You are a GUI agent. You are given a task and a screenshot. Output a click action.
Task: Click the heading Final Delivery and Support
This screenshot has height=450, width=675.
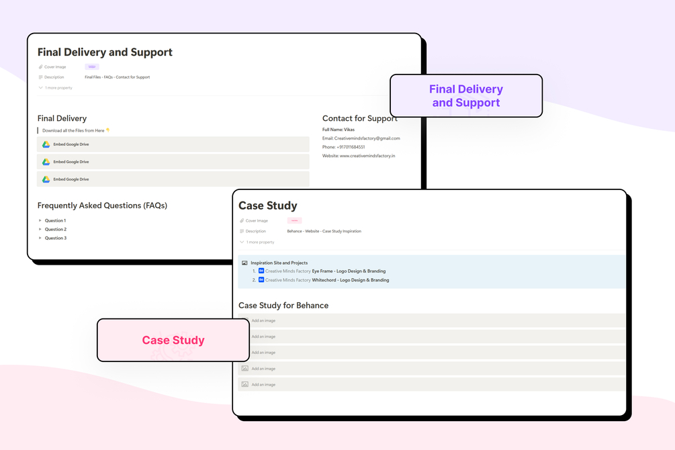coord(105,52)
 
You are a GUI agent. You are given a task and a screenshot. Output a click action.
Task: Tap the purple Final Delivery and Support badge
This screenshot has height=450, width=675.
coord(466,95)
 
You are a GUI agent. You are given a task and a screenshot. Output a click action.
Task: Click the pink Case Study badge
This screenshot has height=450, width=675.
coord(173,340)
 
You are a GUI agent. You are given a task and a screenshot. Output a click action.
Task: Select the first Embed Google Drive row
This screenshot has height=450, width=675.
coord(173,144)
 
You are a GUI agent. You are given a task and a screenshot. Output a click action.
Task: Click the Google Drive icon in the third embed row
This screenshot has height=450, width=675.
coord(46,179)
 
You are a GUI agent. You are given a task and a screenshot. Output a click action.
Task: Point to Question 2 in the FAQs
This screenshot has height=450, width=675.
coord(55,229)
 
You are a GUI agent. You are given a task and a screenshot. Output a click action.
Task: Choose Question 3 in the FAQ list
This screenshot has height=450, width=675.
coord(55,238)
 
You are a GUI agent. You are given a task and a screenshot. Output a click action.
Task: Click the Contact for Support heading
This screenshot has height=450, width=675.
coord(359,118)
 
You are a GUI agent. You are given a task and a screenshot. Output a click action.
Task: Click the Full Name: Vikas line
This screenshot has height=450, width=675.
coord(339,130)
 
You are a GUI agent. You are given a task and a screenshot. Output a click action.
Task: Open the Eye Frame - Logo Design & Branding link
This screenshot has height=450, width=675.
coord(349,271)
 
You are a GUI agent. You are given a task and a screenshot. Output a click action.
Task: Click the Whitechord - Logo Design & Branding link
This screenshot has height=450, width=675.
coord(350,280)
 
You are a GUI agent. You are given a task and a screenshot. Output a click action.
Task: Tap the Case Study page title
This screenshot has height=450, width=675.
coord(267,206)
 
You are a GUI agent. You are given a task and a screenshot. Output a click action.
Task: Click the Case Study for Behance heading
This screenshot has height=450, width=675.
coord(283,306)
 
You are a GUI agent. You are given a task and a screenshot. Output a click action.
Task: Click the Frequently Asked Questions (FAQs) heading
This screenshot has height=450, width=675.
coord(102,206)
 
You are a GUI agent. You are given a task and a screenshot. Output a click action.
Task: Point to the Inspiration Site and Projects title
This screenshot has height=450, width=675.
coord(279,263)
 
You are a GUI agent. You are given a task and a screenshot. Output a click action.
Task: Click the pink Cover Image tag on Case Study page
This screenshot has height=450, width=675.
coord(294,220)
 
